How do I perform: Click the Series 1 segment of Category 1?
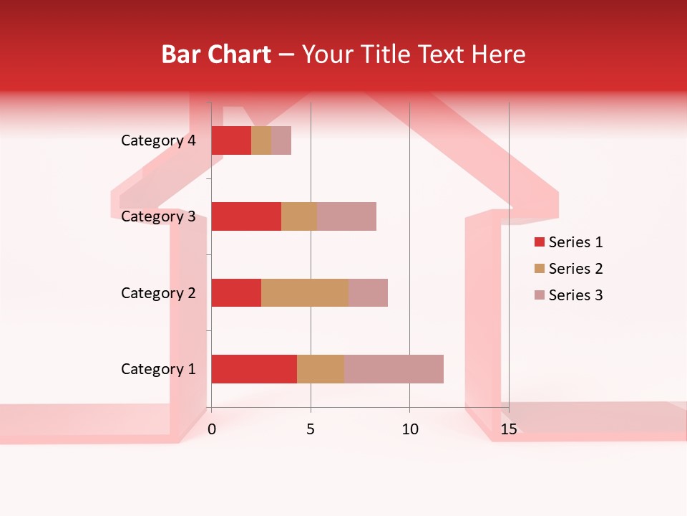254,369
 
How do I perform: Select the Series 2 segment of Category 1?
321,369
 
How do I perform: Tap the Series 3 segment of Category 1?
394,369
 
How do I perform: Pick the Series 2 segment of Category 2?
305,292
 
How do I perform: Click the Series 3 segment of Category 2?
368,292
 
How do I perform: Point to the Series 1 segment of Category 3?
246,216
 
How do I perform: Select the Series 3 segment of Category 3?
346,216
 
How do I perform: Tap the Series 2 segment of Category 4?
261,140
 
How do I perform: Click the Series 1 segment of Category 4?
231,140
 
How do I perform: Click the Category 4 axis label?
158,140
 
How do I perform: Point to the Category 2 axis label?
158,292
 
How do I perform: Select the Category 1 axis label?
158,369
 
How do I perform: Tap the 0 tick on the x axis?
212,429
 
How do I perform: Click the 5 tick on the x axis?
311,429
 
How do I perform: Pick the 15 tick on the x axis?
508,429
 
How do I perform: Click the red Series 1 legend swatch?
539,242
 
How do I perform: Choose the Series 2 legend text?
575,269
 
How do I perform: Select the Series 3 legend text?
575,295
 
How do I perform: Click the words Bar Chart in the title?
216,54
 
